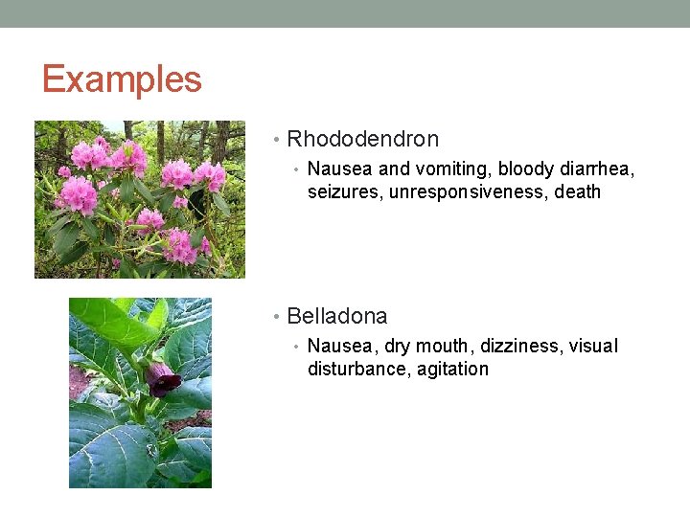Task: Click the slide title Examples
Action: (x=122, y=79)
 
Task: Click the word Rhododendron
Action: (x=362, y=139)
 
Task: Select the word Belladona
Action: (x=336, y=316)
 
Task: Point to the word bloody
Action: (x=526, y=169)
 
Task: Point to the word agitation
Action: (x=452, y=370)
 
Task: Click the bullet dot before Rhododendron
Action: (x=277, y=140)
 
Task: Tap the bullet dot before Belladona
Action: (x=277, y=317)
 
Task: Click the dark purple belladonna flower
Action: (x=163, y=380)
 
